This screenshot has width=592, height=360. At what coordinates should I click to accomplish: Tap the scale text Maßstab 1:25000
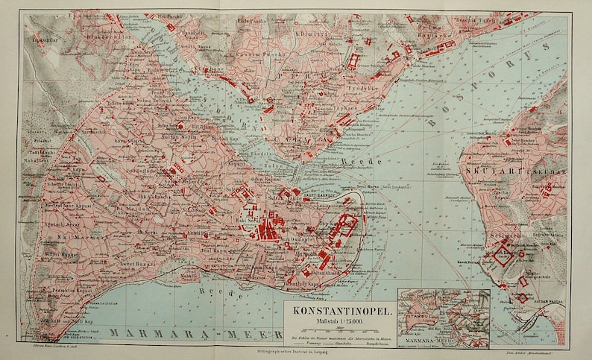coord(340,320)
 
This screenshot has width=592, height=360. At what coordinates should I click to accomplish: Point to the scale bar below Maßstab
coord(340,331)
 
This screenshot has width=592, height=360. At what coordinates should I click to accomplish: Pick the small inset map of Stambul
coord(444,318)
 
